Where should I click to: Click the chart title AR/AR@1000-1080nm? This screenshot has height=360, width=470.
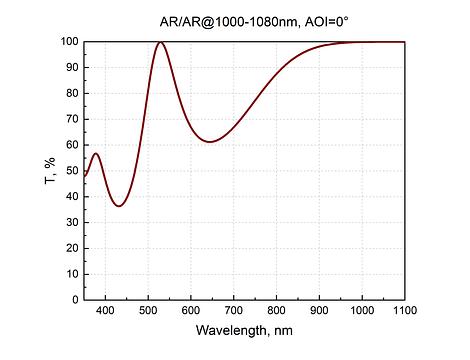(228, 22)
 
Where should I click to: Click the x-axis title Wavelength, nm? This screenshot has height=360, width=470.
(244, 330)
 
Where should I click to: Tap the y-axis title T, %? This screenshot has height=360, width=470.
(50, 170)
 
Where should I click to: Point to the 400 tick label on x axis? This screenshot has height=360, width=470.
(105, 310)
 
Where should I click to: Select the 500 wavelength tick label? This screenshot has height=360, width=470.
(148, 310)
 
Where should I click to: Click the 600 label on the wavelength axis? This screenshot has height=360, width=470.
(191, 310)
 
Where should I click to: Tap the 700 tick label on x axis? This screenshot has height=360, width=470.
(234, 310)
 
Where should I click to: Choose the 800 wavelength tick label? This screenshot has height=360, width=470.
(276, 310)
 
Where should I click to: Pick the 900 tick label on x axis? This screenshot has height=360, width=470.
(319, 310)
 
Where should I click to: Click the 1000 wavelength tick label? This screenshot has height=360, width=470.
(362, 310)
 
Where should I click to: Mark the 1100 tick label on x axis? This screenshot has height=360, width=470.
(405, 310)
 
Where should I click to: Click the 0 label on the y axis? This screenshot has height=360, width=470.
(75, 300)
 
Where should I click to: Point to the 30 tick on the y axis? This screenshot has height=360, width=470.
(72, 222)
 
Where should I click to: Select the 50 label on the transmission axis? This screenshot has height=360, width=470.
(72, 171)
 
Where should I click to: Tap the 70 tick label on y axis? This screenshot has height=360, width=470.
(72, 119)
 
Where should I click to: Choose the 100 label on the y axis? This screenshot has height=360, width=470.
(69, 42)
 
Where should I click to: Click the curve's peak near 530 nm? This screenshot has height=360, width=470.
(161, 42)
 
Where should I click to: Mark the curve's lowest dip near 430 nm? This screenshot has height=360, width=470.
(119, 206)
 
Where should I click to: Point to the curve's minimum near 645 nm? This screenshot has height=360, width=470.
(210, 142)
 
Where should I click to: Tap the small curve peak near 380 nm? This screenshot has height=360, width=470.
(96, 153)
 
